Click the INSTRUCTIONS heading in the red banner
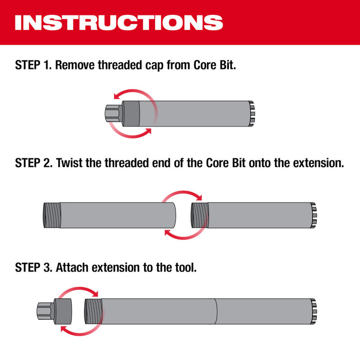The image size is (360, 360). click(119, 22)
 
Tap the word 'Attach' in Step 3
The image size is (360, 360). click(72, 267)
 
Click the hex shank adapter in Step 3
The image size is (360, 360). click(44, 312)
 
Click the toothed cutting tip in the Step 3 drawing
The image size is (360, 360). click(314, 312)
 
